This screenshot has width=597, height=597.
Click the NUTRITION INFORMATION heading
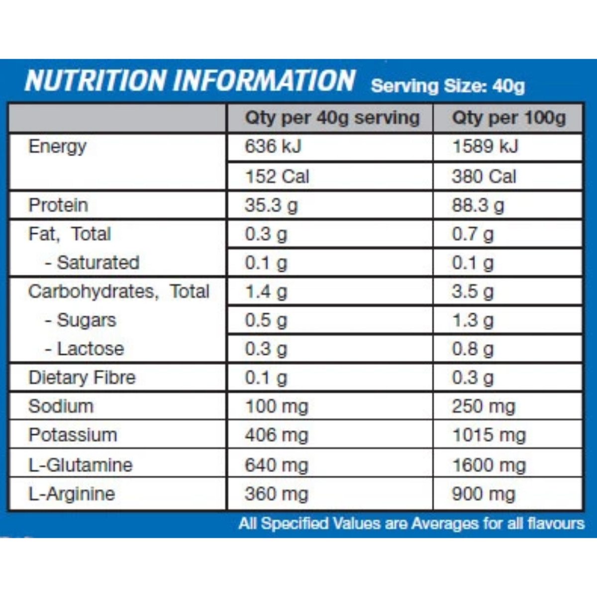pos(190,81)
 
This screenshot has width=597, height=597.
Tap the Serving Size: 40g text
pos(448,86)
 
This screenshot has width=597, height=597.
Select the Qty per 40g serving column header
pos(332,118)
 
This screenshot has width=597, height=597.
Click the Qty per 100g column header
pos(508,118)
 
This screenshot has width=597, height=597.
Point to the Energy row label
pos(58,146)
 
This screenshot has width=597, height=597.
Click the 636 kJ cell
pos(273,146)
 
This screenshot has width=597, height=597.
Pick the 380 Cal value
pos(484,176)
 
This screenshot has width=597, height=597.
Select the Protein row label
pos(58,205)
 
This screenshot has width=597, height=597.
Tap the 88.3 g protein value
pos(478,205)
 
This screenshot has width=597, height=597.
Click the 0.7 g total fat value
pos(473,234)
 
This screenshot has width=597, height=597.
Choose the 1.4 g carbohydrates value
pos(266,292)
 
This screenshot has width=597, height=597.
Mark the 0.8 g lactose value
pos(473,349)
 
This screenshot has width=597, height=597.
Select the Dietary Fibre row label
pos(82,378)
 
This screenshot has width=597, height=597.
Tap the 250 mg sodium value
pos(483,406)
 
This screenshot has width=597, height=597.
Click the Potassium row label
pos(73,435)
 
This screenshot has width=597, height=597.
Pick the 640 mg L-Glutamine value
pos(277,465)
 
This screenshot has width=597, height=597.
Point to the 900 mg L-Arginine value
pos(483,494)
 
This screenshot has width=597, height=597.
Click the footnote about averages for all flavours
pos(411,523)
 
